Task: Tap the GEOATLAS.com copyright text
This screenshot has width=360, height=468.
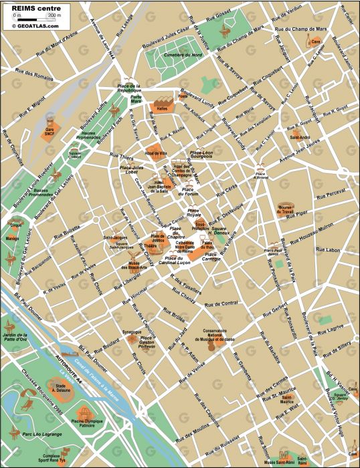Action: (35, 25)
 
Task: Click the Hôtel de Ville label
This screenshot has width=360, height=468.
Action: (157, 154)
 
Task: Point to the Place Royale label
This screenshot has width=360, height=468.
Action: (194, 215)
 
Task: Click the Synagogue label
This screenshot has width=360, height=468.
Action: (132, 332)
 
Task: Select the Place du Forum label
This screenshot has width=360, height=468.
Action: (191, 191)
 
